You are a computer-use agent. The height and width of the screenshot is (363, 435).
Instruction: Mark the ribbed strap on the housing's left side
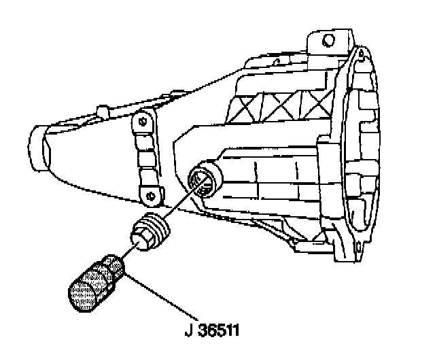click(x=145, y=158)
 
